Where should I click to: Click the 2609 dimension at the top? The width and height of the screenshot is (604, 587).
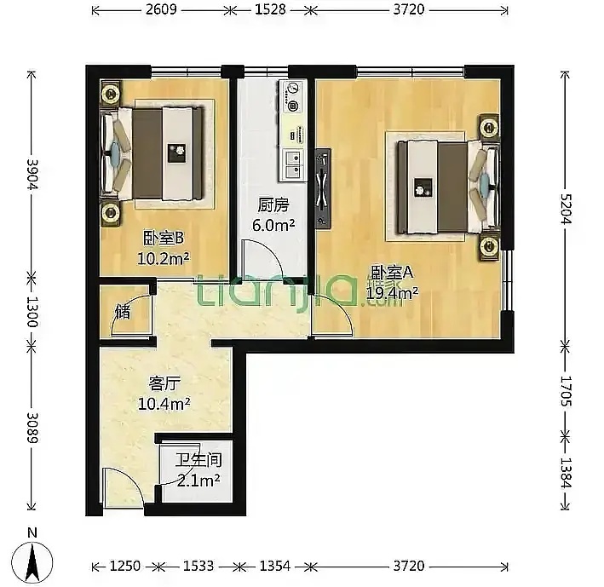tap(161, 9)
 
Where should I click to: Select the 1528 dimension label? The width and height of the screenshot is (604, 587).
tap(270, 9)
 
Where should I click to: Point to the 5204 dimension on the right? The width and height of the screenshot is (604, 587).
tap(566, 209)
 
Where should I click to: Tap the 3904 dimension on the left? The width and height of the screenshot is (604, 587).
tap(32, 174)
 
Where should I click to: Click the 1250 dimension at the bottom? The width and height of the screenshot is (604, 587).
tap(125, 566)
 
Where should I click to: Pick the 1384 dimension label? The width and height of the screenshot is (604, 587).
tap(566, 472)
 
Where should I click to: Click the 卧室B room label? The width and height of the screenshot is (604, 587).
tap(164, 239)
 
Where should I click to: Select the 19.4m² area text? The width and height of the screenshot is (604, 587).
tap(392, 293)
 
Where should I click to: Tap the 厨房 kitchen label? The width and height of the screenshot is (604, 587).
tap(273, 205)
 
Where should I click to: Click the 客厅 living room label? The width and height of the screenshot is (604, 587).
tap(164, 383)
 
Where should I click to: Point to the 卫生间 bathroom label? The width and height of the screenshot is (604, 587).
tap(198, 460)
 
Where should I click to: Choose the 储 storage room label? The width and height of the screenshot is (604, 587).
tap(123, 312)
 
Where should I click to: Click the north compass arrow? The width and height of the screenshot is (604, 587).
tap(32, 562)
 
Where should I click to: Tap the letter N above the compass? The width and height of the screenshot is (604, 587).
tap(32, 532)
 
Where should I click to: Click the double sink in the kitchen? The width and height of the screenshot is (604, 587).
tap(294, 164)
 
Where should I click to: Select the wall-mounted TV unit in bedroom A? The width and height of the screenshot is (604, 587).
tap(322, 189)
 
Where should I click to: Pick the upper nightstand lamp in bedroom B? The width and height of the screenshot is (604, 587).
tap(111, 93)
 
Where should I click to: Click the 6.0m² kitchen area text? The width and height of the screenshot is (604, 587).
tap(273, 225)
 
